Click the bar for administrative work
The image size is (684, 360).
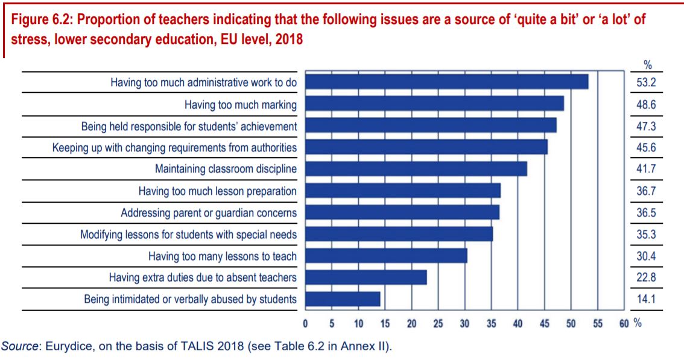pyautogui.click(x=446, y=82)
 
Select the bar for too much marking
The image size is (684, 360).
pyautogui.click(x=434, y=104)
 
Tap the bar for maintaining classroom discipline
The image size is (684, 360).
pyautogui.click(x=416, y=169)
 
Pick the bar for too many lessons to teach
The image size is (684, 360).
pyautogui.click(x=386, y=256)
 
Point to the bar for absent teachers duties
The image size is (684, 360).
pyautogui.click(x=366, y=277)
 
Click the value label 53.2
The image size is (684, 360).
pyautogui.click(x=646, y=83)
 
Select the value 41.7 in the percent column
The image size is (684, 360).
pyautogui.click(x=646, y=169)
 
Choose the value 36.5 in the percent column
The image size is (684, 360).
pyautogui.click(x=646, y=213)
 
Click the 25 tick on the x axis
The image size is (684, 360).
pyautogui.click(x=438, y=324)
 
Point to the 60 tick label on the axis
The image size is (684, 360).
pyautogui.click(x=624, y=324)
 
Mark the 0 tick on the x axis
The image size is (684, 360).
pyautogui.click(x=306, y=324)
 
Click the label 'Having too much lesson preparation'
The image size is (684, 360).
pyautogui.click(x=217, y=191)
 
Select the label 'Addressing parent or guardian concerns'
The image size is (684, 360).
pyautogui.click(x=209, y=213)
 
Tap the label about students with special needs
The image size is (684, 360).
pyautogui.click(x=188, y=235)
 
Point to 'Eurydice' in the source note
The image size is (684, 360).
pyautogui.click(x=68, y=347)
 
